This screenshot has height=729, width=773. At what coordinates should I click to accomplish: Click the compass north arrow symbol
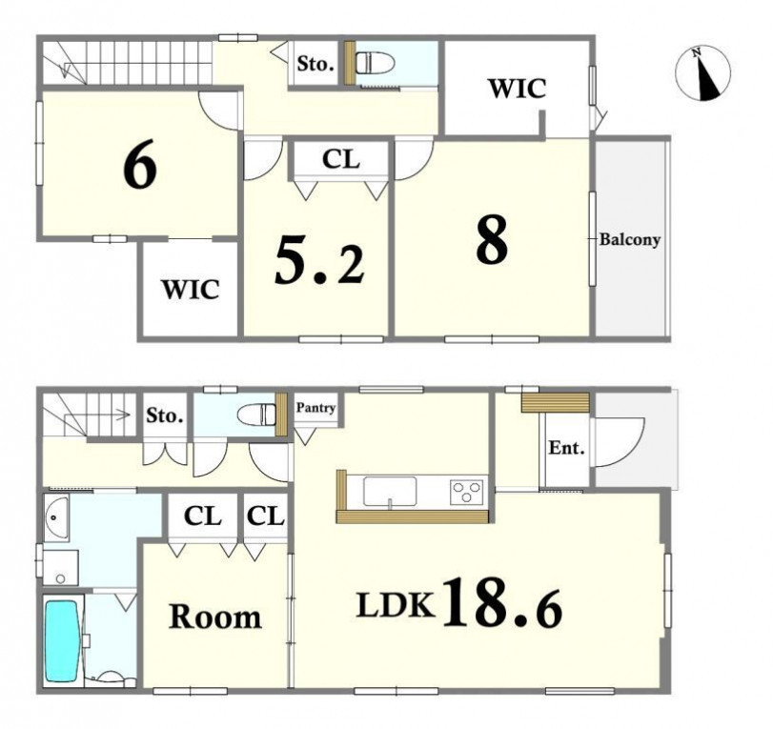(703, 73)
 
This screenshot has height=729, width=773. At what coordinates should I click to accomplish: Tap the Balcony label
(629, 240)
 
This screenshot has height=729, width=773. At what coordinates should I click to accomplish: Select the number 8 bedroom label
(492, 240)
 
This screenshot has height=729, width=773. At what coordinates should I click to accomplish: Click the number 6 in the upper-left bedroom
(140, 164)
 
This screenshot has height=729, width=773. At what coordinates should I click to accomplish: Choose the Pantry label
(315, 408)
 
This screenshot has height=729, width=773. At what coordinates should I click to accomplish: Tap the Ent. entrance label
(567, 448)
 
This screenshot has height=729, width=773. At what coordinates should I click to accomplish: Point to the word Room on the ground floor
(215, 617)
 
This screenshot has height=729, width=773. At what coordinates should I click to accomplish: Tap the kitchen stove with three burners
(466, 492)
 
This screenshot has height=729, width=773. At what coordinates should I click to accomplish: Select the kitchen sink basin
(390, 491)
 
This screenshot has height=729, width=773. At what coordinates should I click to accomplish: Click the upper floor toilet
(376, 63)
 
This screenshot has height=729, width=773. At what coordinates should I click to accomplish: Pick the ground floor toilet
(256, 414)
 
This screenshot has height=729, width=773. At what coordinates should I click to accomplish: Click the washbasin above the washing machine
(56, 517)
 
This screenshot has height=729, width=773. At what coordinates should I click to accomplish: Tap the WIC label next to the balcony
(518, 89)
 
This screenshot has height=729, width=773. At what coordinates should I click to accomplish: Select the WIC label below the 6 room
(191, 290)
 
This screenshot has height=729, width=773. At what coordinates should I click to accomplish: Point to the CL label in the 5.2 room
(340, 159)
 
